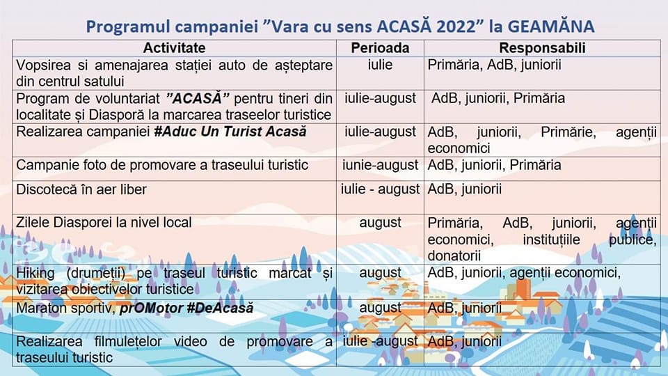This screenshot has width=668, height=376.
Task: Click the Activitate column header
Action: pos(174,48)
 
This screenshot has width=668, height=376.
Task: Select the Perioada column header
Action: pos(380,48)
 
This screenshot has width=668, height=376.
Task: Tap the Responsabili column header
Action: pos(542,48)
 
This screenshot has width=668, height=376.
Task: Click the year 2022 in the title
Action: pos(455,26)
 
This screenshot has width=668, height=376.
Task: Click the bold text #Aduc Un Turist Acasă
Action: pos(230,132)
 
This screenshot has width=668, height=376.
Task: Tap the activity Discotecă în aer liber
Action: pos(81,189)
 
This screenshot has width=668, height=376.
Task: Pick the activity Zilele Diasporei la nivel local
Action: pos(104,223)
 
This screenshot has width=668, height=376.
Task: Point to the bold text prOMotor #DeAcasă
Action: pos(186,308)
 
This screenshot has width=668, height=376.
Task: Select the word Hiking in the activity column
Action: pos(35,273)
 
